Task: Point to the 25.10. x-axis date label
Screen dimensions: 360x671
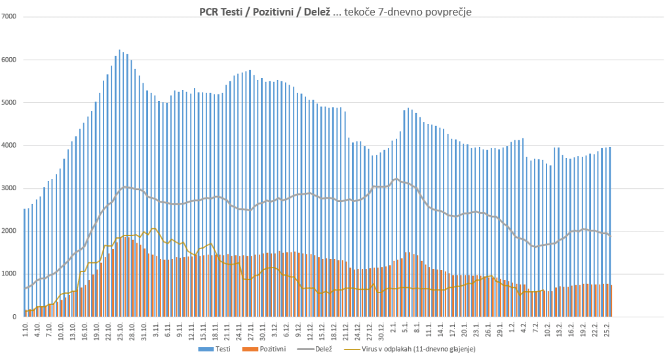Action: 121,330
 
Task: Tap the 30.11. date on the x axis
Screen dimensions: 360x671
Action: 262,330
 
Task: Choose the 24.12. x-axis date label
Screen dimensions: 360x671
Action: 357,330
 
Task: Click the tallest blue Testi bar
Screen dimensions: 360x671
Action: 119,183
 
